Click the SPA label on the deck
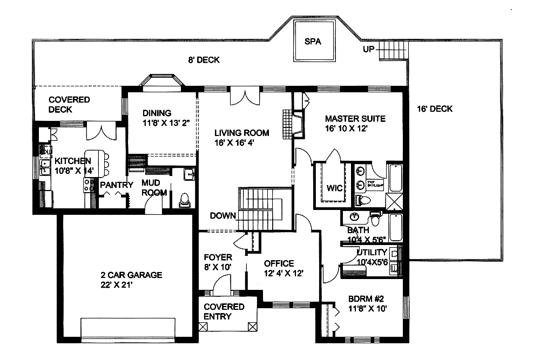click(x=312, y=42)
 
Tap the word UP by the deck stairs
click(x=369, y=50)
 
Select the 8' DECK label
click(x=204, y=60)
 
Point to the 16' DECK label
click(x=435, y=109)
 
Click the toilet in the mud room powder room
click(x=184, y=200)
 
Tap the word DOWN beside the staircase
click(x=223, y=216)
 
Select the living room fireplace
click(x=290, y=124)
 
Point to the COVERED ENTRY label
click(x=224, y=311)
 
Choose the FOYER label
click(x=218, y=257)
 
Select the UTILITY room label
click(x=372, y=253)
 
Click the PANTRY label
click(x=116, y=185)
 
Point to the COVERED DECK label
click(x=69, y=105)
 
